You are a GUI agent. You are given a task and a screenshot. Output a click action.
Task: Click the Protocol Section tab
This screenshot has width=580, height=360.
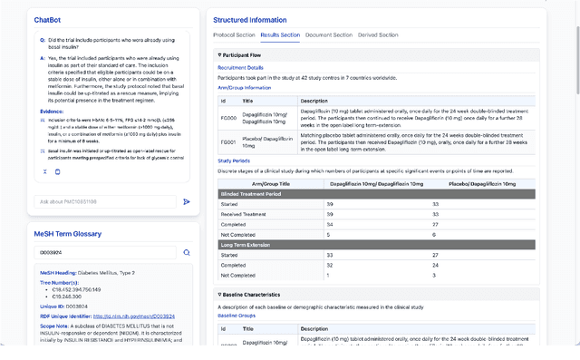click(234, 34)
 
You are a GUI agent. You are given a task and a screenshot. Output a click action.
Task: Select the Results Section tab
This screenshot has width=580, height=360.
click(280, 34)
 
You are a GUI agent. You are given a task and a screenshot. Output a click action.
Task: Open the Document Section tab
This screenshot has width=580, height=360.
click(328, 34)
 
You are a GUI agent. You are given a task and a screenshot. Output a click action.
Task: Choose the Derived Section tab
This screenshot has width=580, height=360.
click(378, 34)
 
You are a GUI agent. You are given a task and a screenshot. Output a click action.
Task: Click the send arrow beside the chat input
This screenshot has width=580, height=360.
click(187, 201)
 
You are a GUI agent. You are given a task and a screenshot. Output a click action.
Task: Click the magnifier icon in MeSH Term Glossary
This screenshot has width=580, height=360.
click(187, 253)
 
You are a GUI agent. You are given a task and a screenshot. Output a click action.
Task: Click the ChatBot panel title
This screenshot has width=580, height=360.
click(49, 19)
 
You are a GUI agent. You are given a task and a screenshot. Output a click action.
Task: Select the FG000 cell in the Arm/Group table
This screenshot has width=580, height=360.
click(227, 116)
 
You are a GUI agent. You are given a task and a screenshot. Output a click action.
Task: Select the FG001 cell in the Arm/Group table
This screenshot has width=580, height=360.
click(227, 142)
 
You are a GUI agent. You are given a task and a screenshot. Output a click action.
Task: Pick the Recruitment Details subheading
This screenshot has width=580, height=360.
click(240, 67)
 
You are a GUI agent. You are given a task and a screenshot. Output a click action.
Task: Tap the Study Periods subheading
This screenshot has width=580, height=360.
click(234, 160)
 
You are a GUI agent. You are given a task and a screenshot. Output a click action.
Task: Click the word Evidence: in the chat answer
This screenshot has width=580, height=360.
click(53, 111)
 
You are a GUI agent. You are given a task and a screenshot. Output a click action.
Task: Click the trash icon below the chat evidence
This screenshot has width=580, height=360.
click(58, 171)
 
